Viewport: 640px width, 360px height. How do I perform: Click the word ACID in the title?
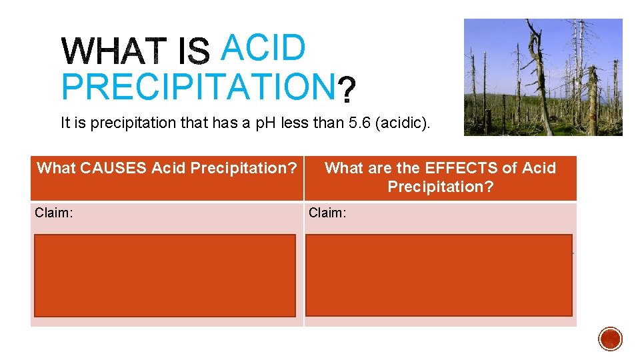[x=263, y=47]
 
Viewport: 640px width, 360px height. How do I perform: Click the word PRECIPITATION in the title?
[x=197, y=87]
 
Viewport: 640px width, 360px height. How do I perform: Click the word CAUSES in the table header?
[x=121, y=168]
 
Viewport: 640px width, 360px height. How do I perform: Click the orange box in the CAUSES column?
[x=165, y=275]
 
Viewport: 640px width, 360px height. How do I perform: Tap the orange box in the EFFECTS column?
[x=439, y=275]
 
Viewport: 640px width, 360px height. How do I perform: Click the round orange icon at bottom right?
[x=610, y=339]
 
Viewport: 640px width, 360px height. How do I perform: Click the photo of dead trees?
[x=543, y=77]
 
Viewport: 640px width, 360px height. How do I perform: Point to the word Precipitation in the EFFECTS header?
[x=440, y=187]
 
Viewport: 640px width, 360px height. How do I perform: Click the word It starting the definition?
[x=65, y=123]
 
